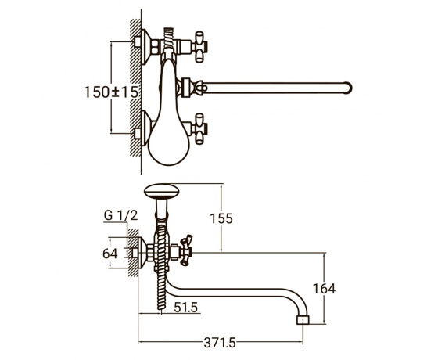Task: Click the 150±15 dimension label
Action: (111, 92)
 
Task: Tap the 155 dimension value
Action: (221, 218)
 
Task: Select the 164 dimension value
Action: (324, 289)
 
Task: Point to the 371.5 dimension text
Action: (220, 343)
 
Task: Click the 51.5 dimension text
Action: (186, 308)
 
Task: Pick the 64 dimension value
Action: (110, 254)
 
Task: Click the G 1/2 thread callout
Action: (121, 215)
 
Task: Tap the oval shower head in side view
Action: (161, 191)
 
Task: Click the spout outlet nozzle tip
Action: (303, 320)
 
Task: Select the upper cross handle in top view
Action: (200, 47)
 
